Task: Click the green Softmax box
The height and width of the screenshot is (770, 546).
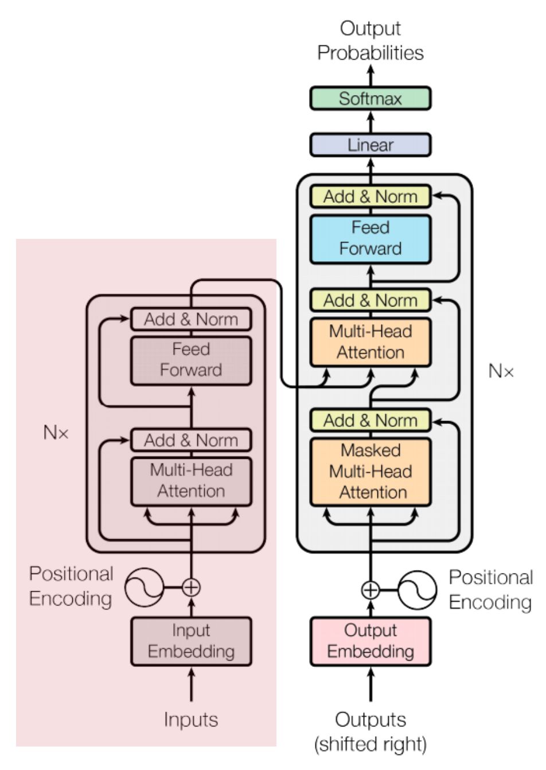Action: point(370,99)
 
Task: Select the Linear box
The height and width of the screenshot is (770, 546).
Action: point(370,145)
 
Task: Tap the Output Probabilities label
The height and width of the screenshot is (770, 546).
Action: point(370,40)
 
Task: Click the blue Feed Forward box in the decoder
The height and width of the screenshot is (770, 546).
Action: point(370,238)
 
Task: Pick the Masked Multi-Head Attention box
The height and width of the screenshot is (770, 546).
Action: point(370,472)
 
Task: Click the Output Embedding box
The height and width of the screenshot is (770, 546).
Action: point(370,641)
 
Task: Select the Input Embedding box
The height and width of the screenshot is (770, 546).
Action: point(191,641)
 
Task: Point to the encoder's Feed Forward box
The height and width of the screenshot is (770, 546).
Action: point(191,360)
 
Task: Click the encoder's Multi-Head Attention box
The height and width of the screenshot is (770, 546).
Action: point(191,481)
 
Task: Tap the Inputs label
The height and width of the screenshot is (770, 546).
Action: point(191,720)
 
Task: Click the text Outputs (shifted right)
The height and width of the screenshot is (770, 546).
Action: point(370,732)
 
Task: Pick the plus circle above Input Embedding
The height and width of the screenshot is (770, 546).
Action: point(191,587)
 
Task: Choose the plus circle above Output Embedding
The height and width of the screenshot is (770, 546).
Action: point(370,590)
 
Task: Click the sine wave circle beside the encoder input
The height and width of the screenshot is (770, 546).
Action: point(144,587)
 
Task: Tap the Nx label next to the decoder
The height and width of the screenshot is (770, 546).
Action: point(501,371)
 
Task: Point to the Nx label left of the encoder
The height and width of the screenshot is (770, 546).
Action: point(56,433)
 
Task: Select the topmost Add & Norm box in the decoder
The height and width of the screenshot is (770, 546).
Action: point(370,197)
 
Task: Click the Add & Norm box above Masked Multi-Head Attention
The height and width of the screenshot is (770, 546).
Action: point(370,421)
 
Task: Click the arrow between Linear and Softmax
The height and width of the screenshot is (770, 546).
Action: point(370,121)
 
